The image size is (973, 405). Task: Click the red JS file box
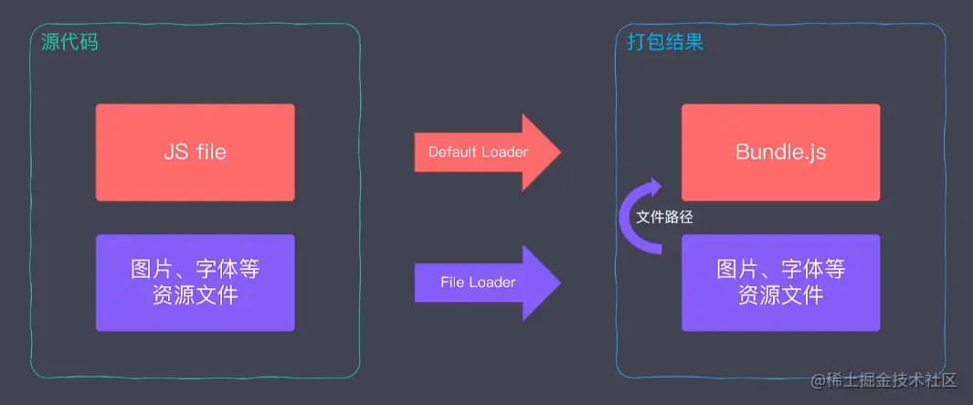click(x=195, y=152)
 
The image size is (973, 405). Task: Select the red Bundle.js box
click(x=780, y=152)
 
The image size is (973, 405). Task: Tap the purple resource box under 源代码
click(x=195, y=282)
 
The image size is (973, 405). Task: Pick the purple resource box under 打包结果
click(x=780, y=282)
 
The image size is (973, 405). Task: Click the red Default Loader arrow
click(x=484, y=153)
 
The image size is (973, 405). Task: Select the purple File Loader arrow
click(x=484, y=282)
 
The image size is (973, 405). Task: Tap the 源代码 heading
click(x=70, y=42)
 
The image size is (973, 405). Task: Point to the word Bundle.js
click(x=780, y=152)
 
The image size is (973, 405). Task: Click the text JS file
click(x=195, y=152)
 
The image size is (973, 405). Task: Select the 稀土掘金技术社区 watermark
click(x=883, y=379)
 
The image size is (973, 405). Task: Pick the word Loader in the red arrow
click(x=505, y=153)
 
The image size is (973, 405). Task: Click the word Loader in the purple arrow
click(x=492, y=282)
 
